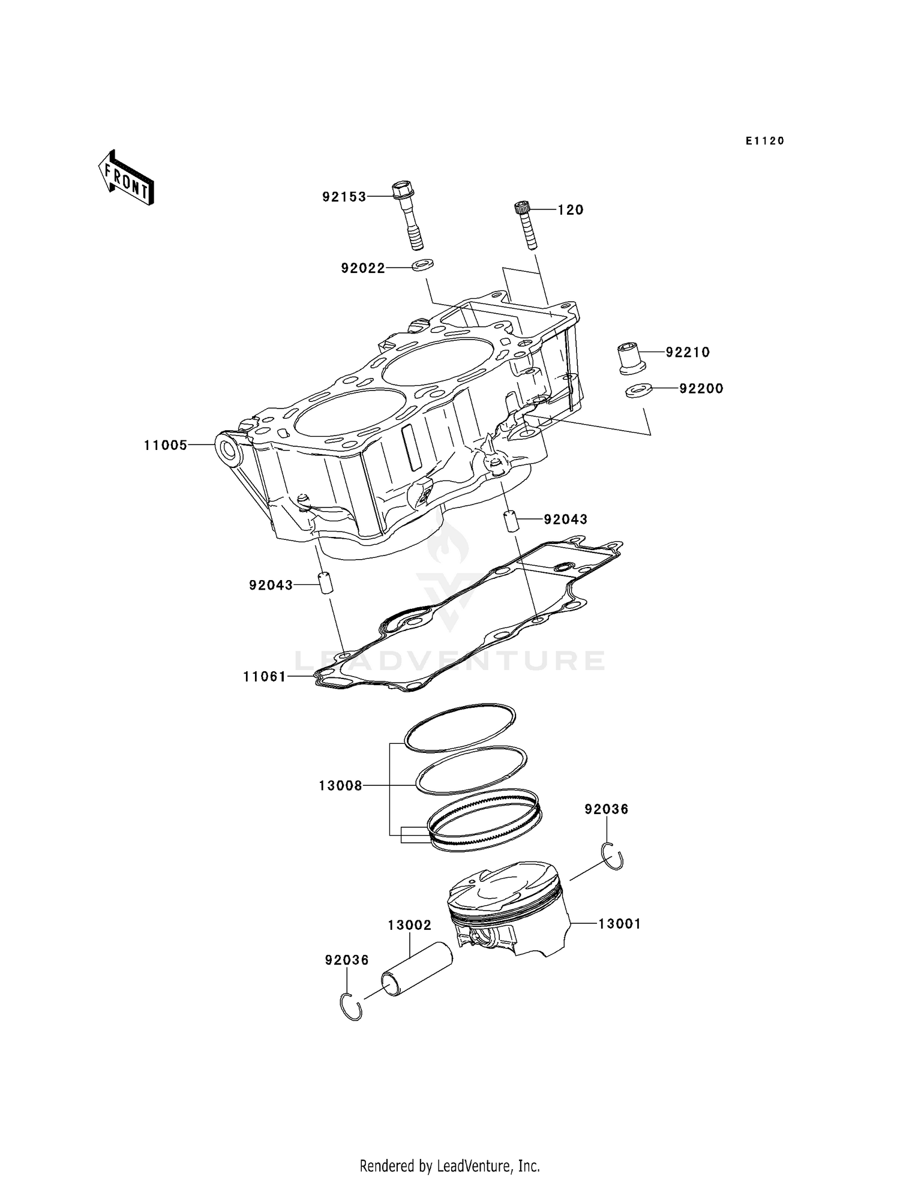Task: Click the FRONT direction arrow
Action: (x=127, y=180)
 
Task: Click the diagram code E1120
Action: (x=765, y=141)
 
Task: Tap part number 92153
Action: (x=344, y=197)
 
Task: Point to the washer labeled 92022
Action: (x=424, y=264)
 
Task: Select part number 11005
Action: (x=166, y=445)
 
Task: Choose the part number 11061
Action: (x=265, y=677)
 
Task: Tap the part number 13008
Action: (x=340, y=785)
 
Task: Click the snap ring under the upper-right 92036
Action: (x=614, y=856)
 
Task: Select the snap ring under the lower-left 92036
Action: (x=351, y=1007)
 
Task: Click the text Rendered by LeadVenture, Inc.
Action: (x=449, y=1166)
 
